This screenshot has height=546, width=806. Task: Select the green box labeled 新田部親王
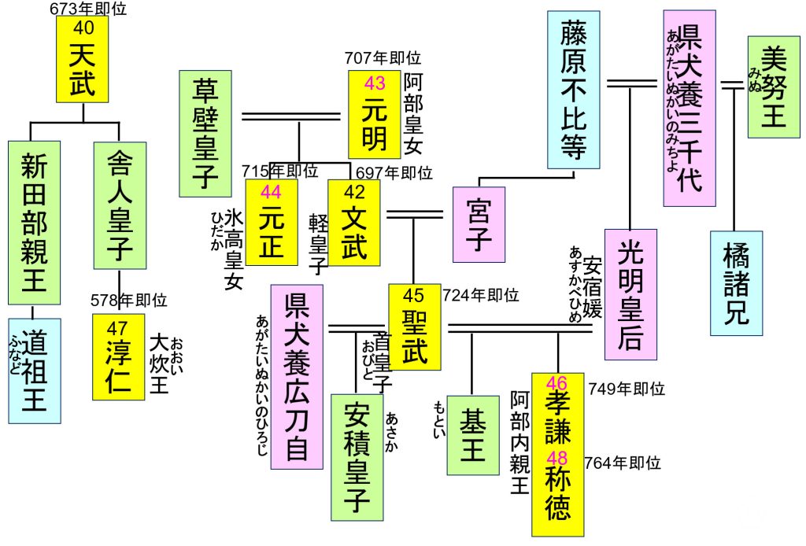coord(34,222)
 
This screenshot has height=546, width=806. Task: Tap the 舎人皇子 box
coord(119,205)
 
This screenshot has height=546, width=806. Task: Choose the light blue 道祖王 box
coord(34,370)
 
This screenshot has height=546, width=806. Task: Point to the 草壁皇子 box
coord(205,134)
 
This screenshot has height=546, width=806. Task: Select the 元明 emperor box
coord(375,114)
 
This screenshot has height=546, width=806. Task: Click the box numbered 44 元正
coord(272,223)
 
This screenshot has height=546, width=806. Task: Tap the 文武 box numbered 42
coord(354,223)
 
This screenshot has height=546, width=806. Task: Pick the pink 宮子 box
coord(479,224)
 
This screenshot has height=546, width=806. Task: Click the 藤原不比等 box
coord(573,89)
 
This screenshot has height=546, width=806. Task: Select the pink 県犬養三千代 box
coord(690,108)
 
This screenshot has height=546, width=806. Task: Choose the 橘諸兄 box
coord(736,283)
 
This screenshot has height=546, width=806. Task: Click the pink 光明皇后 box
coord(630,294)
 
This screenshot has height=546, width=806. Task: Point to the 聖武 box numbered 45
coord(414,326)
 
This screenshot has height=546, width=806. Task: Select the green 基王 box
coord(473,435)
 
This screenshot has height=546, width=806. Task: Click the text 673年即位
coord(87,9)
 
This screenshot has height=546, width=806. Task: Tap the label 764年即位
coord(623,463)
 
